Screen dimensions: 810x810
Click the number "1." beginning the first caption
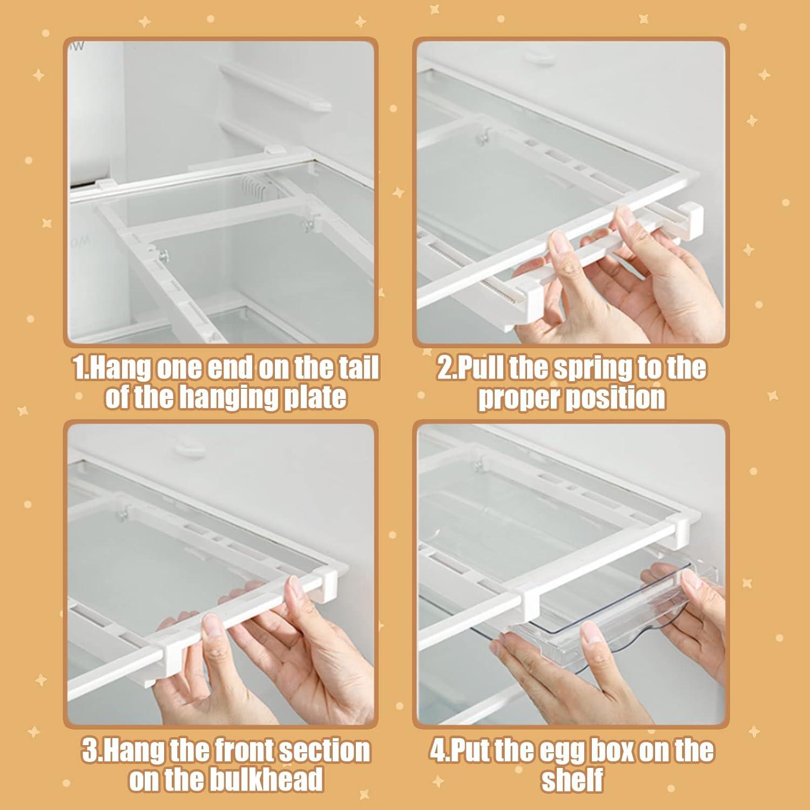click(80, 369)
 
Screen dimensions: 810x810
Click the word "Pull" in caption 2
click(477, 369)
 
